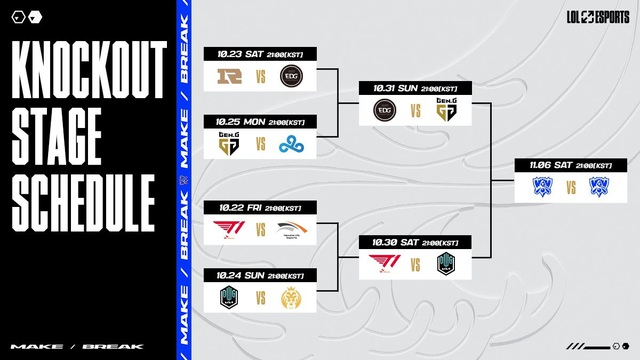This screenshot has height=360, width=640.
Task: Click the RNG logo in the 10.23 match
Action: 230,77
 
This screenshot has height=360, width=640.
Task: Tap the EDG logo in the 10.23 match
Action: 291,77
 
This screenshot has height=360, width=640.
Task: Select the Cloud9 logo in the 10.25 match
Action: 291,144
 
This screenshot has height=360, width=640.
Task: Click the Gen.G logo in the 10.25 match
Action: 230,144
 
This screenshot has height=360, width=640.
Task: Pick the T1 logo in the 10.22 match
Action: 230,230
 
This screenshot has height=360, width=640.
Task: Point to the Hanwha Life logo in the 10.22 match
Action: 291,230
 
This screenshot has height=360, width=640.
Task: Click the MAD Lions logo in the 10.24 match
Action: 291,297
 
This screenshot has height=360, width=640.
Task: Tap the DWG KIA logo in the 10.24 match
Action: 230,297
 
